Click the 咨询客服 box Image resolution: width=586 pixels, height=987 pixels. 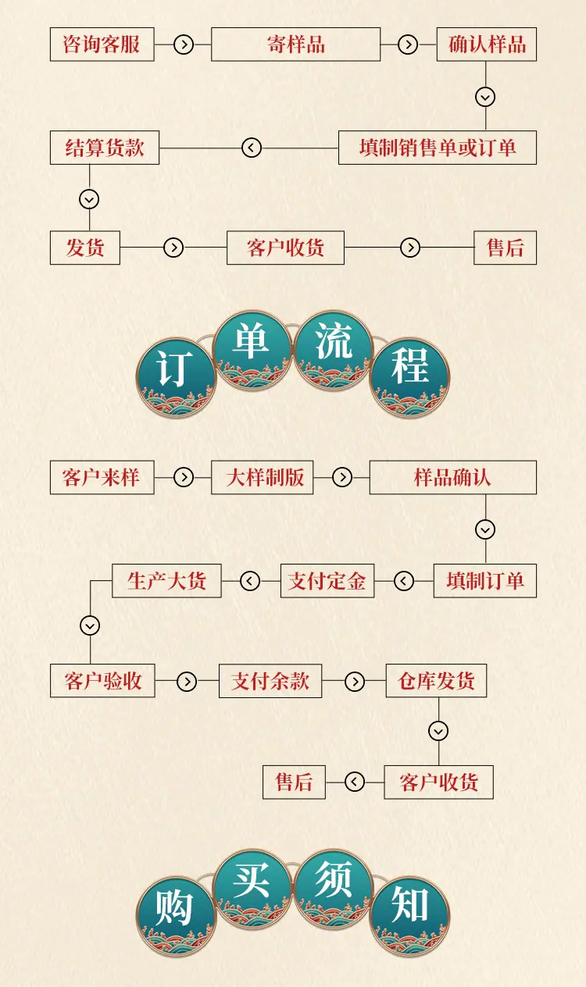click(x=102, y=44)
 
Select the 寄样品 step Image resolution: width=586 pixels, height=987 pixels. click(x=295, y=44)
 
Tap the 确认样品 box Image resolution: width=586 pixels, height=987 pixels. click(x=486, y=44)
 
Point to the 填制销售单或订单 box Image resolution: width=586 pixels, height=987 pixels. click(x=438, y=148)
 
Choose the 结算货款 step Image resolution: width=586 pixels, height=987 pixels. click(x=105, y=148)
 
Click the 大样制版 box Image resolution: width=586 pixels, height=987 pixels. click(x=263, y=477)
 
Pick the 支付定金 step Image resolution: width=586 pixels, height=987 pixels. click(x=327, y=581)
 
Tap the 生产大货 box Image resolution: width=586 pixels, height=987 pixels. click(x=166, y=581)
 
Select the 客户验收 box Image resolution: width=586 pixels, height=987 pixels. click(x=102, y=681)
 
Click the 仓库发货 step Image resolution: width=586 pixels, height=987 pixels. click(x=436, y=681)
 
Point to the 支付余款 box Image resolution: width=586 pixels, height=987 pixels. click(x=270, y=681)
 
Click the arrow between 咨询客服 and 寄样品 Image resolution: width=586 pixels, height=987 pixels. click(x=184, y=45)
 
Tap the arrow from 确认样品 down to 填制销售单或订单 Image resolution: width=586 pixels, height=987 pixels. click(x=485, y=97)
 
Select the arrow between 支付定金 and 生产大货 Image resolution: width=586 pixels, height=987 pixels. click(x=250, y=581)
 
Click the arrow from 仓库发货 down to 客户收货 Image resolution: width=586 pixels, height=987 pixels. click(x=438, y=732)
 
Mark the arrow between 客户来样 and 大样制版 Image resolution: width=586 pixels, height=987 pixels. click(x=184, y=478)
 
